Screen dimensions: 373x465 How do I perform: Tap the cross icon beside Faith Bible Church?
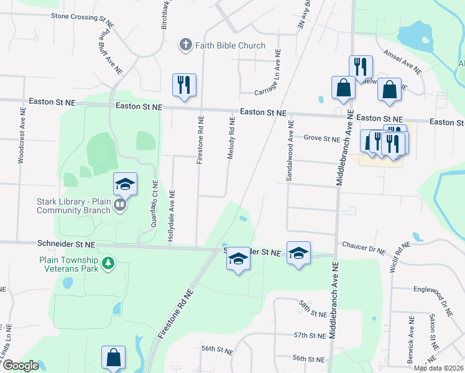(185, 45)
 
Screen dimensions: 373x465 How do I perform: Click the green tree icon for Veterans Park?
(109, 264)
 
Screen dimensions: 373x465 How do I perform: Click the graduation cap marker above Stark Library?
(125, 183)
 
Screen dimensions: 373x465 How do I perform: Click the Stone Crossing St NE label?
(83, 17)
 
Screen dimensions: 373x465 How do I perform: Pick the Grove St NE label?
(322, 138)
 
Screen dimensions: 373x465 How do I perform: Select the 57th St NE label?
(310, 336)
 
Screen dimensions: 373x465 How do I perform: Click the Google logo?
(21, 366)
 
